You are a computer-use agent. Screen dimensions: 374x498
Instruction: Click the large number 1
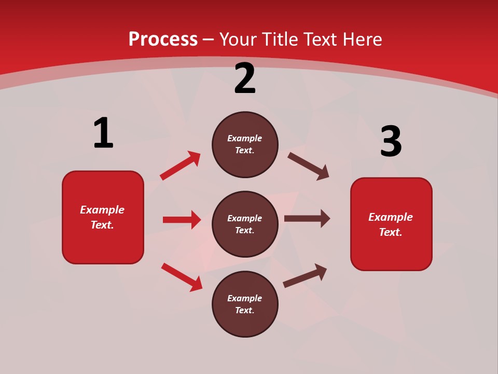pyautogui.click(x=103, y=133)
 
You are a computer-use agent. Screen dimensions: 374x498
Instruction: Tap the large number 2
pyautogui.click(x=245, y=79)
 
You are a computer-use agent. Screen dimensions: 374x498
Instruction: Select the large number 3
pyautogui.click(x=391, y=141)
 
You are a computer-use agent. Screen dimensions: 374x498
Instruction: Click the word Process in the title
pyautogui.click(x=163, y=39)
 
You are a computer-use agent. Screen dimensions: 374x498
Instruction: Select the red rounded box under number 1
pyautogui.click(x=103, y=217)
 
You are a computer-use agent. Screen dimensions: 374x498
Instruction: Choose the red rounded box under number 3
pyautogui.click(x=391, y=224)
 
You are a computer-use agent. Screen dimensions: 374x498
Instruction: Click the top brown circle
pyautogui.click(x=245, y=144)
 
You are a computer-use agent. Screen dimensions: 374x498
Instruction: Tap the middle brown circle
pyautogui.click(x=245, y=224)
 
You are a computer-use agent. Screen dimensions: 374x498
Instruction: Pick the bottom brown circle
pyautogui.click(x=245, y=304)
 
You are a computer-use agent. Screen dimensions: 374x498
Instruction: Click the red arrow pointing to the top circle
pyautogui.click(x=180, y=166)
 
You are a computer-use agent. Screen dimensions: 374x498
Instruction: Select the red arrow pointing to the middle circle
pyautogui.click(x=182, y=220)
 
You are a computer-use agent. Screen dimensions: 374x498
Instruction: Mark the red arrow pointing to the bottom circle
pyautogui.click(x=182, y=277)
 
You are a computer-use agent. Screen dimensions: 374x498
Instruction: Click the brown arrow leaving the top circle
pyautogui.click(x=309, y=166)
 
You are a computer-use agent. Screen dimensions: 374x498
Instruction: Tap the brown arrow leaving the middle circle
pyautogui.click(x=307, y=219)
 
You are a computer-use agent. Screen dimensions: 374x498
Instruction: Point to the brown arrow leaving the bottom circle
pyautogui.click(x=305, y=275)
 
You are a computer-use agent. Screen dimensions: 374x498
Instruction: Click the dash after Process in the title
pyautogui.click(x=209, y=39)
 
